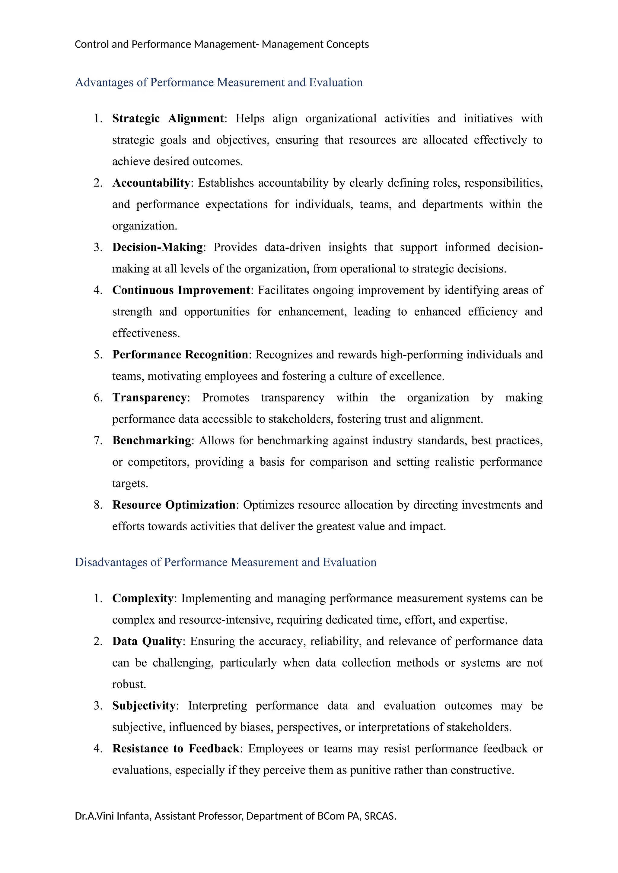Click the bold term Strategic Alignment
tap(168, 119)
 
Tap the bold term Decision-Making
tap(158, 247)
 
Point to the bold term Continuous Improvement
tap(181, 291)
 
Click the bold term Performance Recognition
tap(180, 355)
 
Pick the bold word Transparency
tap(149, 398)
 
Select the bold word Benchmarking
tap(151, 441)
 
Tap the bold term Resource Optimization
tap(174, 505)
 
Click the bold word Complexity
tap(143, 598)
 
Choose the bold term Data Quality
tap(147, 641)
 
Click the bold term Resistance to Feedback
tap(175, 749)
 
